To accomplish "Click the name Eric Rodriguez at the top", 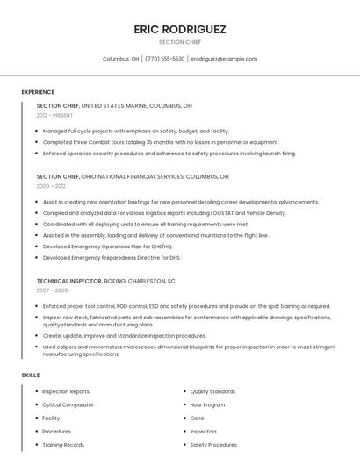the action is click(x=179, y=29).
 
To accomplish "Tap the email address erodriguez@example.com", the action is click(x=224, y=59).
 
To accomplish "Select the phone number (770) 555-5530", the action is click(x=165, y=59).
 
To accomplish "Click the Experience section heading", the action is click(x=38, y=92).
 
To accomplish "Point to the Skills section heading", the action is click(x=31, y=375).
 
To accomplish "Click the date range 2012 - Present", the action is click(x=54, y=115).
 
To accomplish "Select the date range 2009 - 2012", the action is click(x=51, y=186).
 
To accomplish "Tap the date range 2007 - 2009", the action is click(x=52, y=290).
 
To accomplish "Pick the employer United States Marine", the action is click(x=119, y=105).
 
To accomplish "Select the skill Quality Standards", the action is click(x=212, y=391).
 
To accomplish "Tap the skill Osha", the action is click(x=197, y=418).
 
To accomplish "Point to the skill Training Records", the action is click(x=63, y=445).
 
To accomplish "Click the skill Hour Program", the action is click(x=207, y=404).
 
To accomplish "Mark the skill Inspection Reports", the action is click(x=66, y=391).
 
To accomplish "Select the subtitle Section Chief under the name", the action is click(x=179, y=41).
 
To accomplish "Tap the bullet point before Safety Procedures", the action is click(x=184, y=445).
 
